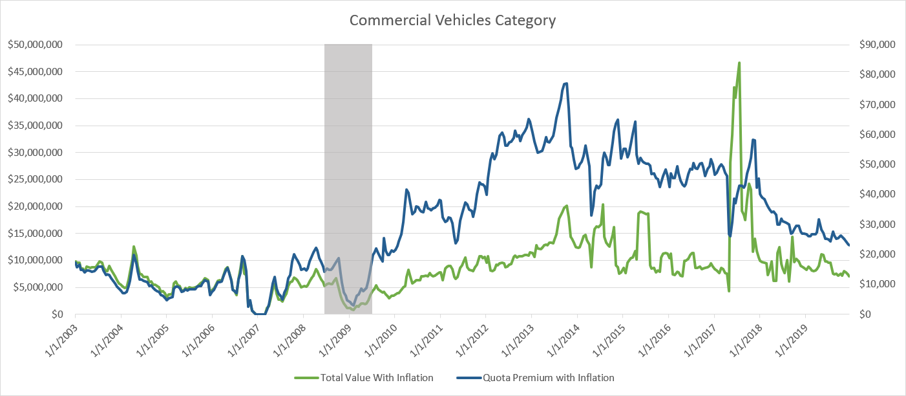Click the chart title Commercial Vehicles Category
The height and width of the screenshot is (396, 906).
[452, 21]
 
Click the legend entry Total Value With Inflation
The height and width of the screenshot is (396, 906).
[377, 377]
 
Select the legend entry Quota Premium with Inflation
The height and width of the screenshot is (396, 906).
[549, 377]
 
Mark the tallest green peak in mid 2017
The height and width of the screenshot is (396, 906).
[739, 63]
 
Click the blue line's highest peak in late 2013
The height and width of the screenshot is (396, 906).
[566, 83]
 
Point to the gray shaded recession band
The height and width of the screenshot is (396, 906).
[348, 162]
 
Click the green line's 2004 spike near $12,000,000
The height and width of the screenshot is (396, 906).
[134, 247]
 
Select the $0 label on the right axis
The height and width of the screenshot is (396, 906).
[864, 314]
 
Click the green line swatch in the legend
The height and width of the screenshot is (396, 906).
[306, 377]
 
